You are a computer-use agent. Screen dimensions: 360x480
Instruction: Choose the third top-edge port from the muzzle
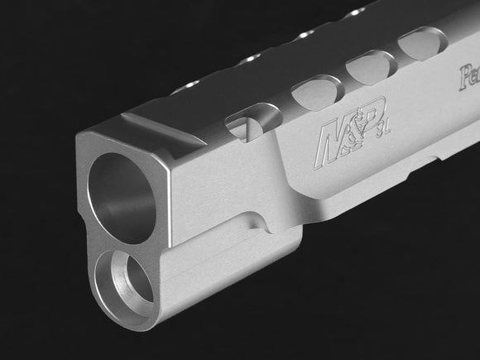(305, 36)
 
